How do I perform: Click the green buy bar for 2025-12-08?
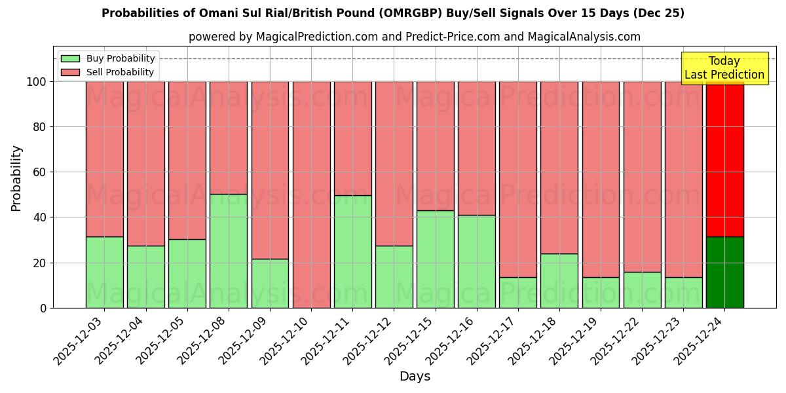tap(229, 251)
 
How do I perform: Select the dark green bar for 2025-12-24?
tap(725, 272)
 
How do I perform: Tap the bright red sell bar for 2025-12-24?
tap(725, 159)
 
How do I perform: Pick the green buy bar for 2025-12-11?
tap(352, 252)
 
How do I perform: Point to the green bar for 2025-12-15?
tap(436, 259)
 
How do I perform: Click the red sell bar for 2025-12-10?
tap(311, 195)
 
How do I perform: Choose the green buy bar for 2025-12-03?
tap(104, 272)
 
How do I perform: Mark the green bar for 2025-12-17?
tap(518, 292)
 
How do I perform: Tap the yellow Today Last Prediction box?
tap(724, 68)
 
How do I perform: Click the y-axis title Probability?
tap(17, 178)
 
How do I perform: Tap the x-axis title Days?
tap(415, 377)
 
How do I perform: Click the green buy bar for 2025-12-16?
tap(477, 261)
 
